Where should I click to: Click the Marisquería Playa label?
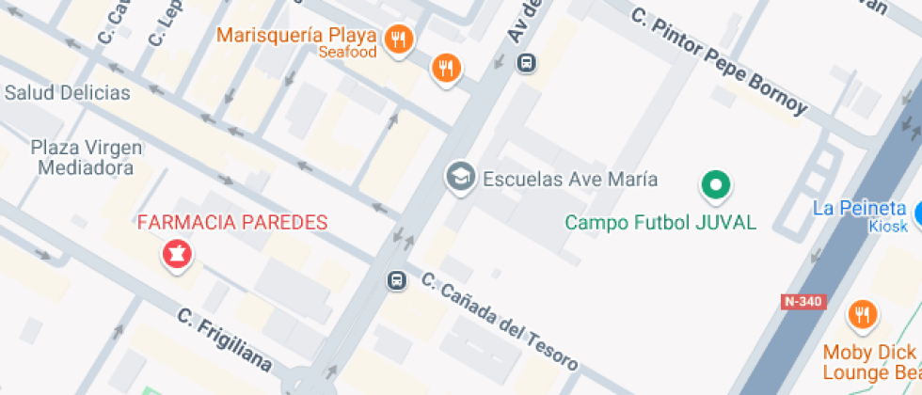[x=296, y=36]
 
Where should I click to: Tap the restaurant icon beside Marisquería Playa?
[x=400, y=39]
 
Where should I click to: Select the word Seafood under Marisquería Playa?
[x=347, y=53]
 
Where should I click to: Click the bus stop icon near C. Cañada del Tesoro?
[x=397, y=279]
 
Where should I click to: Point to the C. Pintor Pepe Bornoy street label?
[x=720, y=61]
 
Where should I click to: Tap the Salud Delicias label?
[x=67, y=92]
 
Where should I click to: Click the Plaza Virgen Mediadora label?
[x=87, y=157]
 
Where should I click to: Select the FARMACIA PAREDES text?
[x=232, y=223]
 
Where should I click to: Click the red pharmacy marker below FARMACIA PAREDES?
[x=176, y=253]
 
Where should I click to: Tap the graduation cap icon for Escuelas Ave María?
[x=460, y=177]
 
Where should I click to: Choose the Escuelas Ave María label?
[x=569, y=179]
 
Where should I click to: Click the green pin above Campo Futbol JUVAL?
[x=716, y=184]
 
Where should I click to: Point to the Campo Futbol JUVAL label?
[x=660, y=223]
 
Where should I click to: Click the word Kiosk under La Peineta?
[x=887, y=226]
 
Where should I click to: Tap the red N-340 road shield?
[x=802, y=302]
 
